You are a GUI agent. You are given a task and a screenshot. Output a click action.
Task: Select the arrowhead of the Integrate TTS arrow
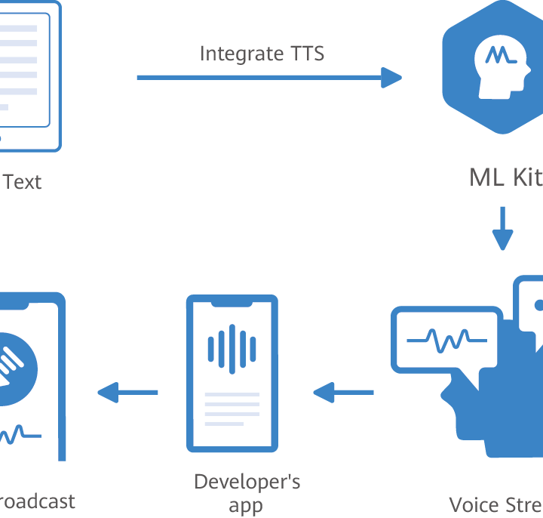(x=391, y=77)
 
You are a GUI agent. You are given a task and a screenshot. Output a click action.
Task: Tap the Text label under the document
(x=23, y=182)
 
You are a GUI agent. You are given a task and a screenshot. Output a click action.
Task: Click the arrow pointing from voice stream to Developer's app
(x=344, y=392)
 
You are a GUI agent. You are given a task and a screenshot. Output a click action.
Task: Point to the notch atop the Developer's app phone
(x=232, y=304)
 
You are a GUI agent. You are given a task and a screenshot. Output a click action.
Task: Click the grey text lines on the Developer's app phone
(x=232, y=409)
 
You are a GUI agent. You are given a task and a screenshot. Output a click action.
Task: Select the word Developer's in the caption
(x=247, y=482)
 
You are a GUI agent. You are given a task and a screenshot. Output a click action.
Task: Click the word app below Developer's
(x=246, y=505)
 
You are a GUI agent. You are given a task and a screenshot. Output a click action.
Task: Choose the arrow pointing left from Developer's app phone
(x=128, y=392)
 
